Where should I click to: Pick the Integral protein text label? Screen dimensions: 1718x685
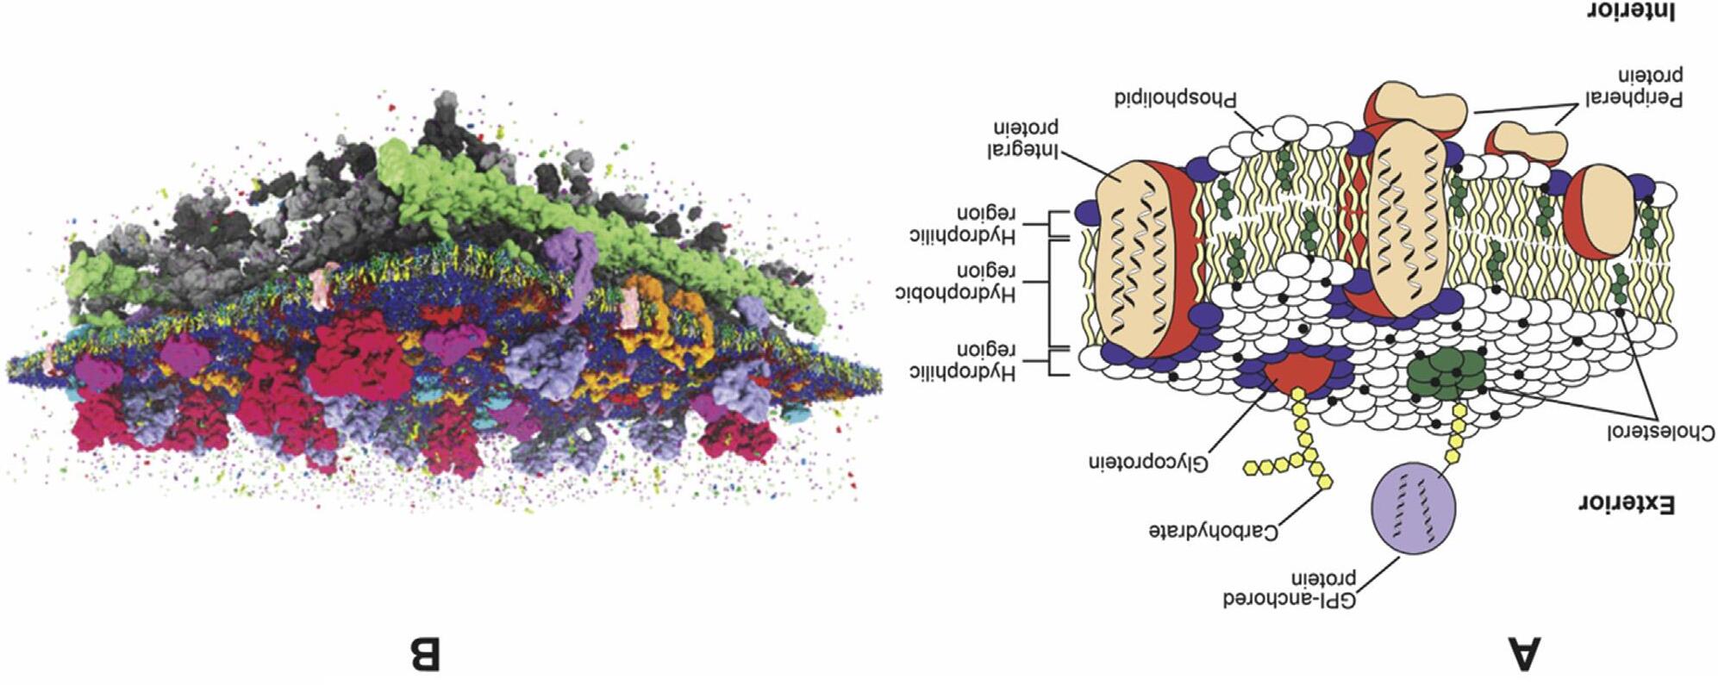pos(1023,138)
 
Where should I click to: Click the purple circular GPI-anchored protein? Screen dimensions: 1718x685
pos(1413,508)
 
